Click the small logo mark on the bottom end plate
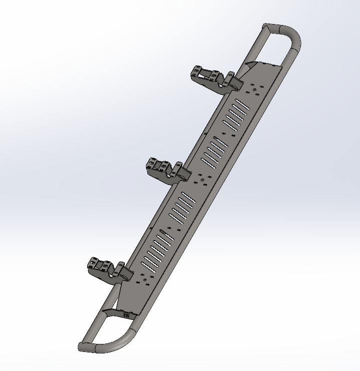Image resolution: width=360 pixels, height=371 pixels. tap(126, 315)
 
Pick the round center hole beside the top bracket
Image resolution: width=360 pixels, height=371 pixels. tap(255, 90)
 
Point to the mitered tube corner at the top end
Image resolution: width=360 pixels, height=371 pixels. tap(266, 27)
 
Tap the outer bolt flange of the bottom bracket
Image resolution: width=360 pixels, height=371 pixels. tap(95, 263)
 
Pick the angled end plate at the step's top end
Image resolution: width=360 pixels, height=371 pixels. tap(261, 68)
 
